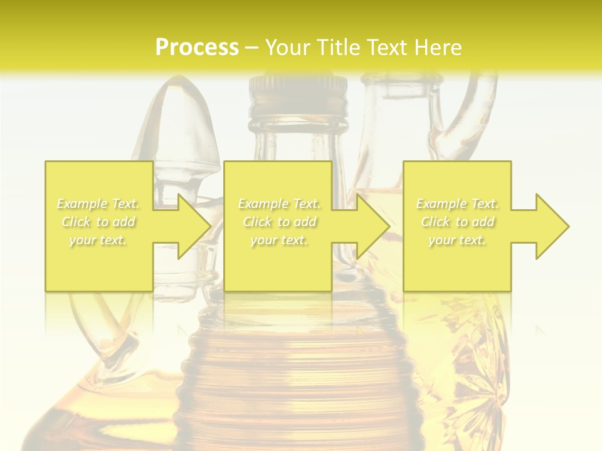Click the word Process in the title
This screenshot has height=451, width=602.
197,48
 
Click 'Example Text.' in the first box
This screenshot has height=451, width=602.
98,204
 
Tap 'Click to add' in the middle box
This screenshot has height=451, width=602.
279,222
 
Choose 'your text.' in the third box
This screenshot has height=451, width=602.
457,240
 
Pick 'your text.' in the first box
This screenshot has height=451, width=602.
98,240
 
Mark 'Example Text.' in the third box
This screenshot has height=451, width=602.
457,204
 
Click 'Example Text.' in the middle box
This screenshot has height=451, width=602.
279,204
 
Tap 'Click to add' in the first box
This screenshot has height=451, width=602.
98,222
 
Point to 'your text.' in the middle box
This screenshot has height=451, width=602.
279,240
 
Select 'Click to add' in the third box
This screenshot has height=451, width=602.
457,222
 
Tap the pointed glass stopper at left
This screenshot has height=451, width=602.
182,125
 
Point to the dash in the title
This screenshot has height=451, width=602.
251,48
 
